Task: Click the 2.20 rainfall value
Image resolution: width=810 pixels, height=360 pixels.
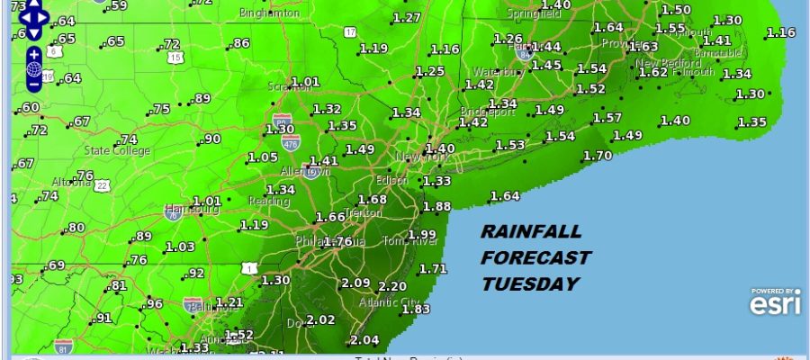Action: tap(392, 287)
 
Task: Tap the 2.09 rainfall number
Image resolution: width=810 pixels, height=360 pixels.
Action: tap(356, 283)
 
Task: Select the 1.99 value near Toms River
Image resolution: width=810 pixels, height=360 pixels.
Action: tap(422, 235)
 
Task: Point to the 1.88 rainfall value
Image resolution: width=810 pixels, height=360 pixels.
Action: tap(436, 207)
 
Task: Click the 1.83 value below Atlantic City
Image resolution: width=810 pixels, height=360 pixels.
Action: tap(416, 309)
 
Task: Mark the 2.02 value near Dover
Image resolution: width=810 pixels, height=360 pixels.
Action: tap(321, 319)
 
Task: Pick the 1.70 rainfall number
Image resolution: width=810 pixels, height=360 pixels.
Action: tap(598, 156)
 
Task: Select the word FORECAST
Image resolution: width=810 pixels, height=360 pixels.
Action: tap(535, 258)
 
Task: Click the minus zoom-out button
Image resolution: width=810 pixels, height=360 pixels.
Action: tap(33, 85)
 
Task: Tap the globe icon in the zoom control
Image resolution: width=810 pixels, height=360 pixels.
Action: tap(33, 67)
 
